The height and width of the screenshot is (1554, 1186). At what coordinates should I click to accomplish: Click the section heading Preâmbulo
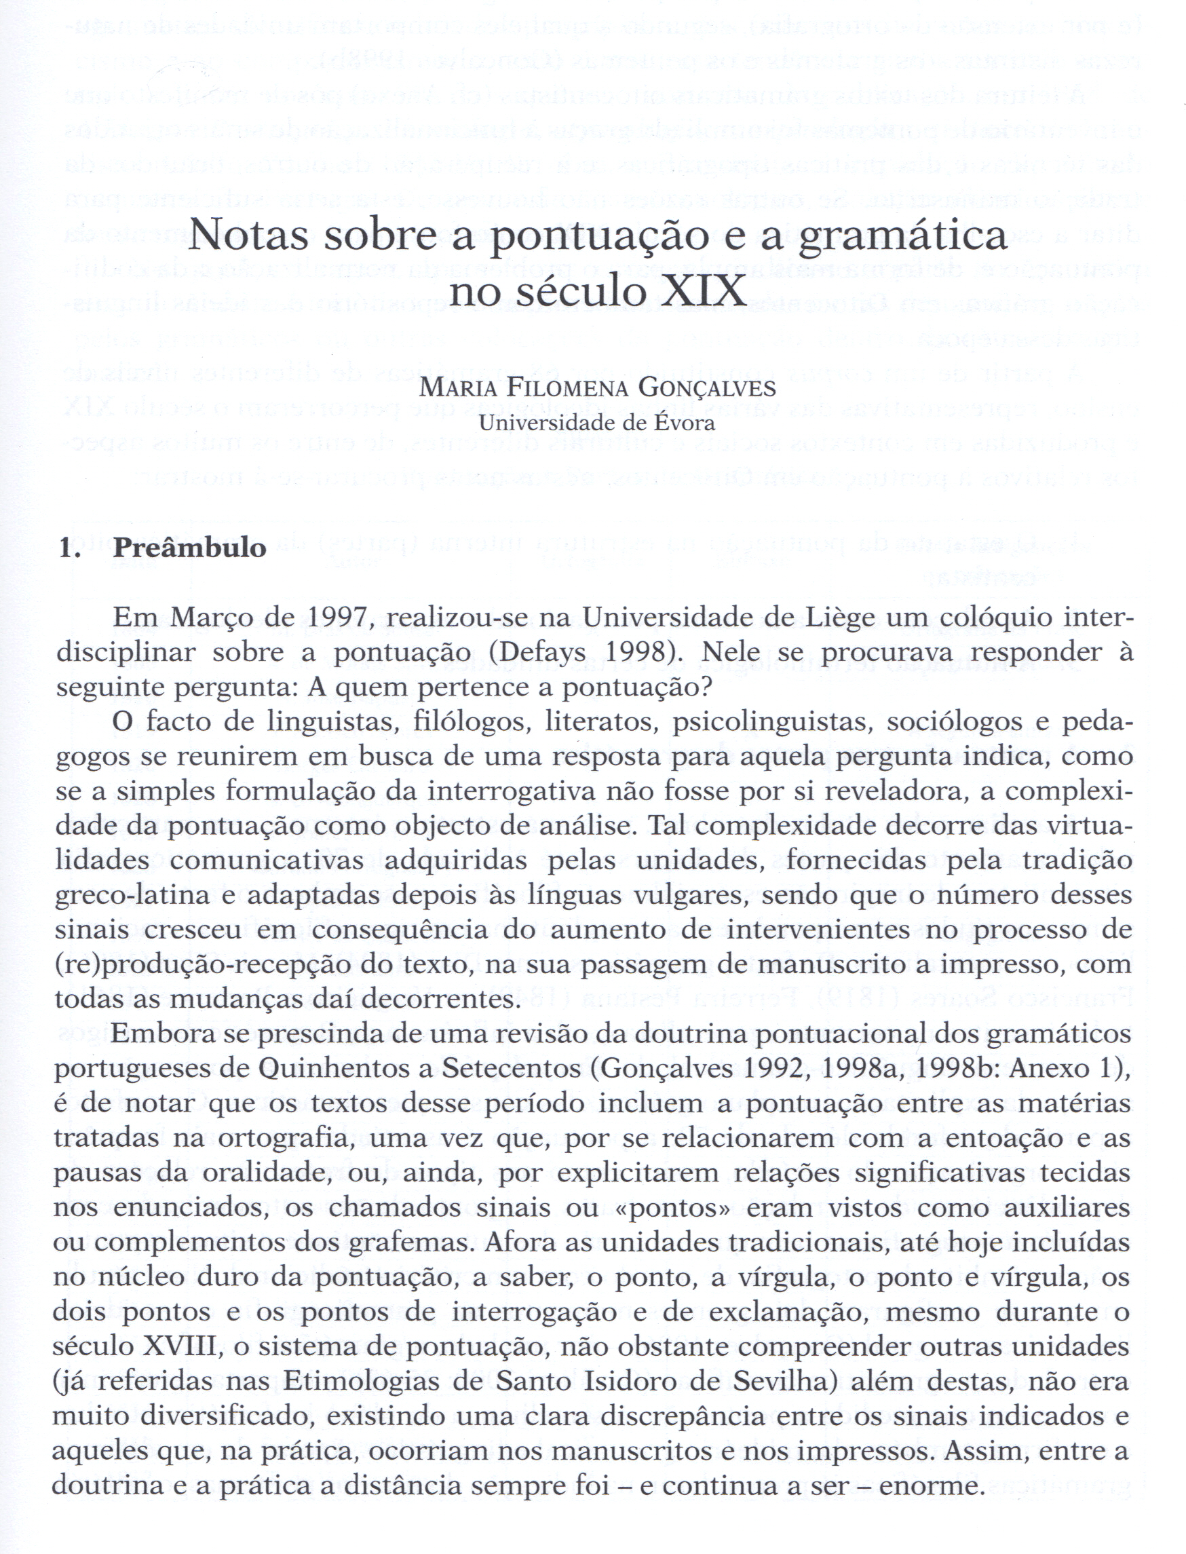[x=190, y=547]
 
